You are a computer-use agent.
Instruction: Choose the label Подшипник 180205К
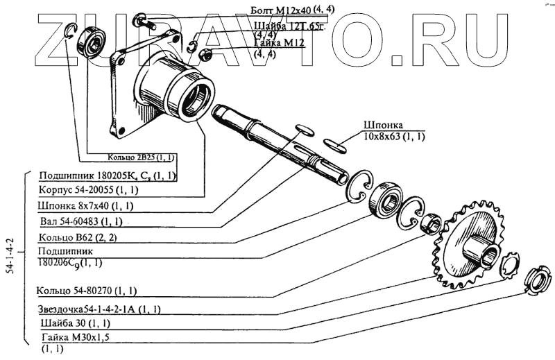coord(108,175)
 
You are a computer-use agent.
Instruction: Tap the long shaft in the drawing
coord(277,142)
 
